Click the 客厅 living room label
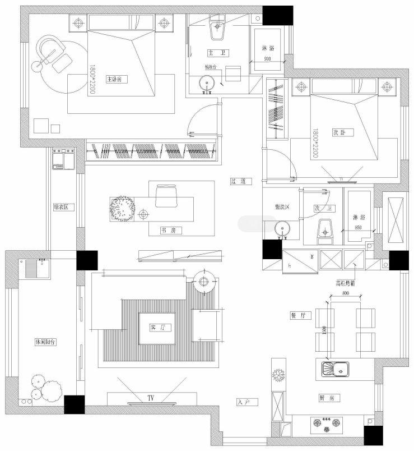(157, 327)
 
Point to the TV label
(151, 398)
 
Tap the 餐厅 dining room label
(298, 315)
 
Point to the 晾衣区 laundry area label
(60, 206)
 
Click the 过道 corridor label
(238, 181)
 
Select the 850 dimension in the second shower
(358, 227)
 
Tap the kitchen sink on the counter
(335, 369)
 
